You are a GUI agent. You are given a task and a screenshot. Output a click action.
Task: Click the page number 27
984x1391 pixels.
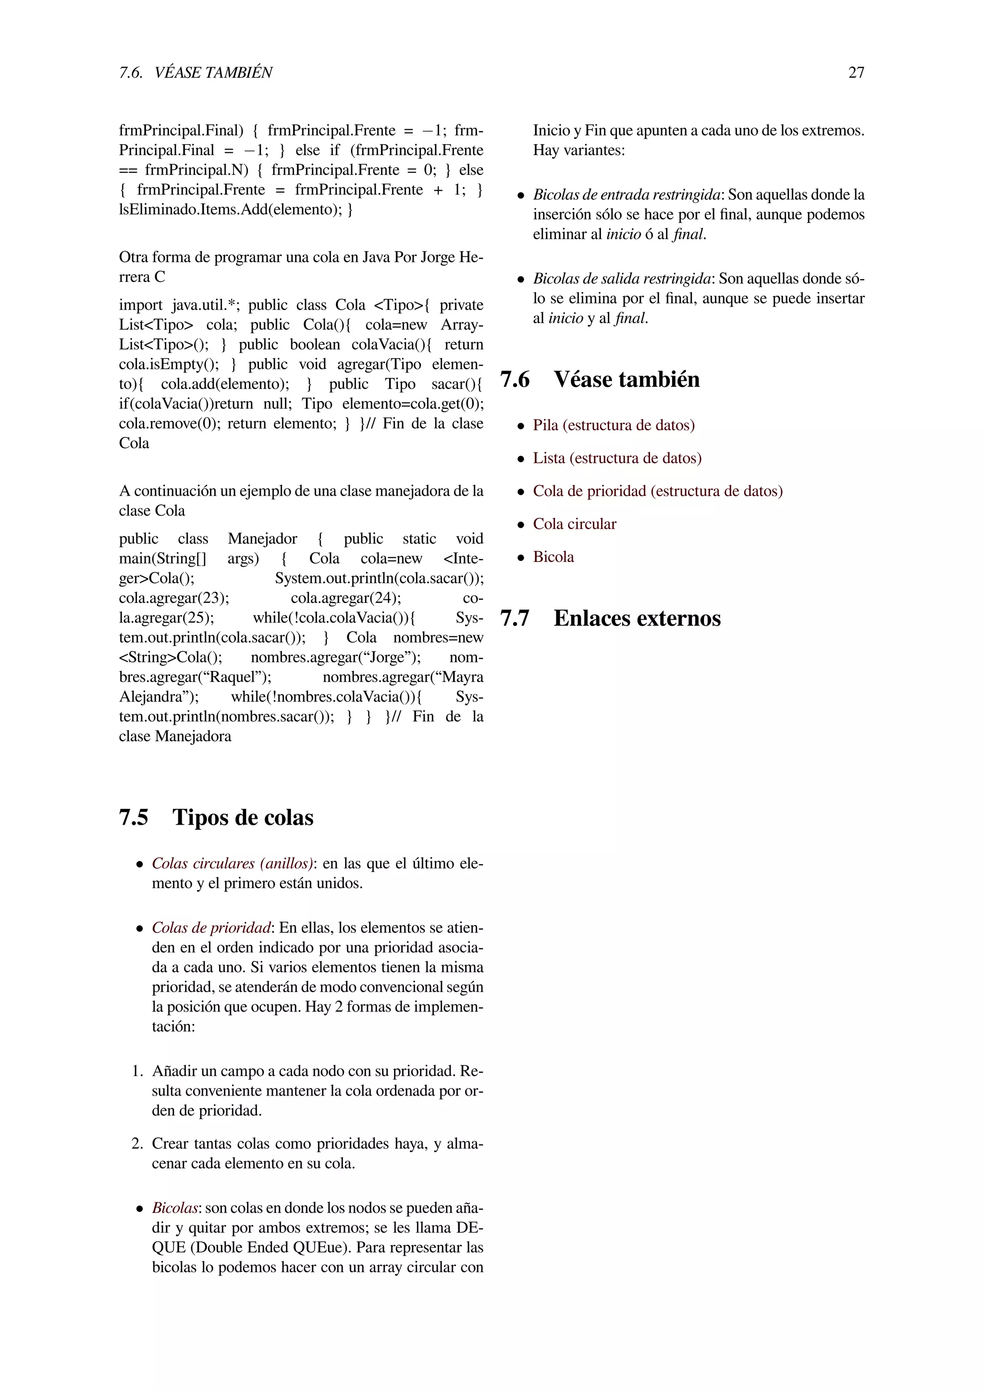click(x=856, y=73)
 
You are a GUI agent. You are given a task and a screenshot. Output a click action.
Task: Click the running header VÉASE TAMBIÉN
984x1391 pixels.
click(x=213, y=73)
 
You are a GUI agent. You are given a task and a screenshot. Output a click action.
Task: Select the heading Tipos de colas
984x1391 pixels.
click(x=243, y=818)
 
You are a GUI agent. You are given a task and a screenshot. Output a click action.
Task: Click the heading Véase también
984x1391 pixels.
click(x=626, y=379)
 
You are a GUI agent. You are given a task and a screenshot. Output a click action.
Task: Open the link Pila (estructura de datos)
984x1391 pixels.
click(x=613, y=425)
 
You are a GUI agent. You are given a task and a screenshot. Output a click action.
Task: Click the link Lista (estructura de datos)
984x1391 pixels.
click(x=617, y=458)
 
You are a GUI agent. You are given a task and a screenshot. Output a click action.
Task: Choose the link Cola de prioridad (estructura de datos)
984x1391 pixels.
click(x=657, y=491)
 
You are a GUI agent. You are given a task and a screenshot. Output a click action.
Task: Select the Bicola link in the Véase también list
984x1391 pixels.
click(x=553, y=557)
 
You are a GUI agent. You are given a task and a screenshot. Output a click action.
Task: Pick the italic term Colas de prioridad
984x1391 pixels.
click(x=211, y=927)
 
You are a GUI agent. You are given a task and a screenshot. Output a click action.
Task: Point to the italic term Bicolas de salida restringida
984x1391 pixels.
click(x=622, y=279)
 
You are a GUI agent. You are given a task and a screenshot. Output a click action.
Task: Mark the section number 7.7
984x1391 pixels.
click(x=515, y=618)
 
